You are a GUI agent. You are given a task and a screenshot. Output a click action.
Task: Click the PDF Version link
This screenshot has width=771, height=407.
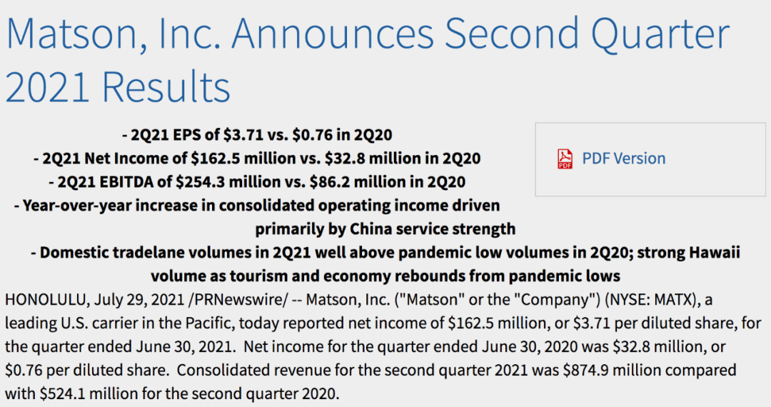[x=623, y=159]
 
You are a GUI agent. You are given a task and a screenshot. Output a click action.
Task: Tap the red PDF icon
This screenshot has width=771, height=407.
[x=565, y=159]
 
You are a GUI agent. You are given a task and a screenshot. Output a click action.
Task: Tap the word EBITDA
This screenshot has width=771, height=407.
[x=116, y=181]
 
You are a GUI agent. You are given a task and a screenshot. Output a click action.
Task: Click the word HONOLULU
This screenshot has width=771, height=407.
[x=47, y=299]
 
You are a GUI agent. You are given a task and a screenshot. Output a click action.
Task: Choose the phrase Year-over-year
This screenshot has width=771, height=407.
[x=75, y=206]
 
